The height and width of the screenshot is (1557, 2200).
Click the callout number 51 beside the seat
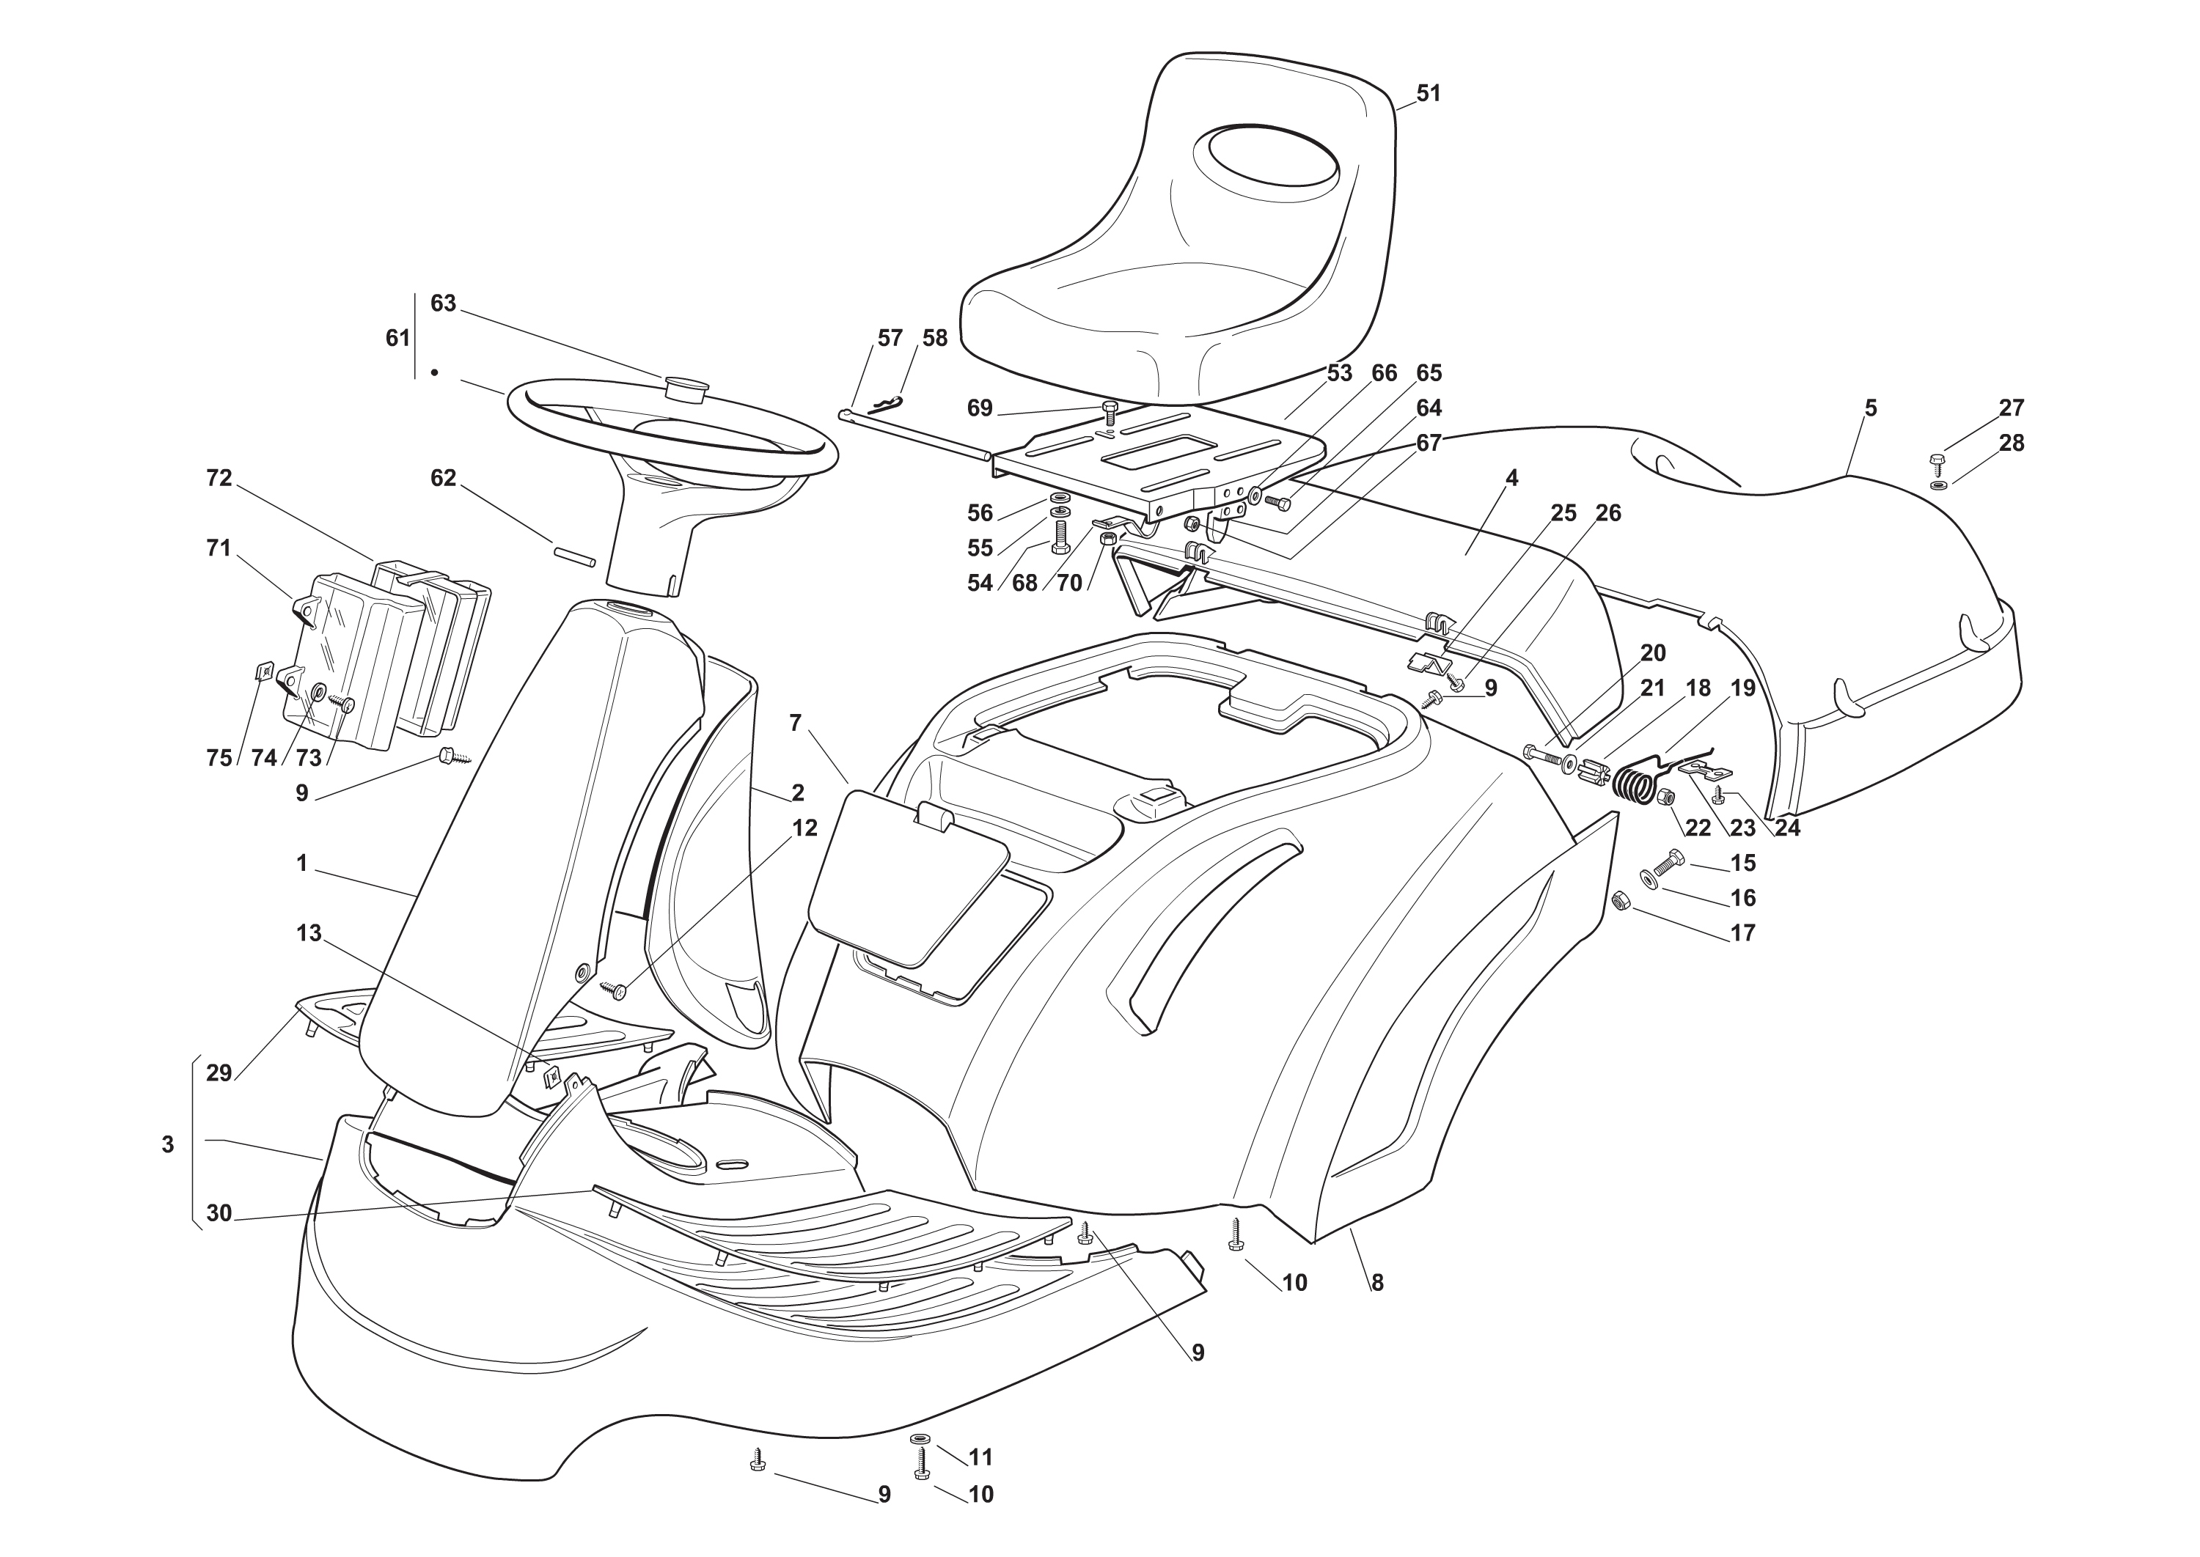pos(1428,94)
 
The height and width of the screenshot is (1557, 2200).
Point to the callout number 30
pos(219,1212)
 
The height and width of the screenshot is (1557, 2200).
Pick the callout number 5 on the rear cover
pos(1870,408)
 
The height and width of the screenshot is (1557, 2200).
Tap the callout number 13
pos(309,933)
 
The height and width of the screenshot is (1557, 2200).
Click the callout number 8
pos(1377,1283)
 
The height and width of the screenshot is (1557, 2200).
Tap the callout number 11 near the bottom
pos(980,1457)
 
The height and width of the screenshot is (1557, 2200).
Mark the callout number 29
pos(219,1073)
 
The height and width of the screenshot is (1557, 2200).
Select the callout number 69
pos(979,408)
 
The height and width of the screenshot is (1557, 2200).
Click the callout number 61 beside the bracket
pos(397,339)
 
